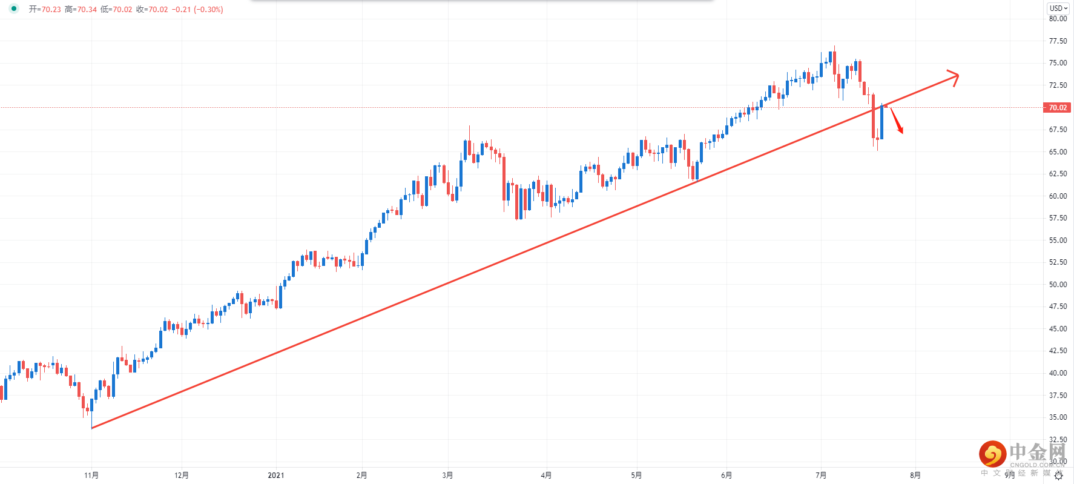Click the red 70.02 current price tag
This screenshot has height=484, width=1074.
pyautogui.click(x=1057, y=108)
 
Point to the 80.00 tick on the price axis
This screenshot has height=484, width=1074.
pyautogui.click(x=1058, y=19)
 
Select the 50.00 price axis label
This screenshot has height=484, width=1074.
pyautogui.click(x=1058, y=285)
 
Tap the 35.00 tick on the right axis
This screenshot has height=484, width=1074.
pyautogui.click(x=1058, y=417)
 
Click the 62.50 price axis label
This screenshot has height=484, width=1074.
pyautogui.click(x=1058, y=174)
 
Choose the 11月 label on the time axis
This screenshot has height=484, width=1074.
pyautogui.click(x=91, y=476)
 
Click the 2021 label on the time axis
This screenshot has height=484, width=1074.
pyautogui.click(x=276, y=476)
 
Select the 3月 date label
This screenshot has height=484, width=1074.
pyautogui.click(x=447, y=476)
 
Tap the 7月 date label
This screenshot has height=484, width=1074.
pyautogui.click(x=821, y=476)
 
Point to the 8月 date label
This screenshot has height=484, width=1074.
pyautogui.click(x=915, y=476)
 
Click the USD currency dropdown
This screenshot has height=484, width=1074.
pyautogui.click(x=1058, y=8)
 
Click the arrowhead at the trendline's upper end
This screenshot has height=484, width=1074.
pyautogui.click(x=955, y=76)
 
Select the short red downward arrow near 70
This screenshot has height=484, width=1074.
pyautogui.click(x=897, y=121)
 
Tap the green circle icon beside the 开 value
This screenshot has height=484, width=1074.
pyautogui.click(x=14, y=9)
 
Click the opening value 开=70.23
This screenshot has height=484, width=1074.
pyautogui.click(x=45, y=10)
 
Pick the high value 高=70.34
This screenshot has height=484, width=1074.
pyautogui.click(x=81, y=10)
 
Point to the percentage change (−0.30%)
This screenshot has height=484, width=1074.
pyautogui.click(x=208, y=10)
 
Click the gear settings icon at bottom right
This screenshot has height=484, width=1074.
pyautogui.click(x=1058, y=476)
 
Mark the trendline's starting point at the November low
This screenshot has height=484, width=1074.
pyautogui.click(x=92, y=428)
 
